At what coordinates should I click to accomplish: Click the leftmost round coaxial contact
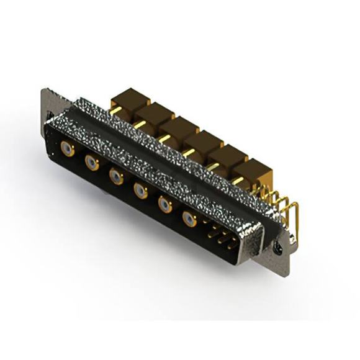67,148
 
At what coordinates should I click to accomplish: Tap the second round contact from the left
92,163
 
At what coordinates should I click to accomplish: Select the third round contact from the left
116,176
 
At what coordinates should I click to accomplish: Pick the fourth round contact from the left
141,191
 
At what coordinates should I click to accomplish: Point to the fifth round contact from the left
165,204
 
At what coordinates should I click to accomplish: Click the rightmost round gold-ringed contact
189,218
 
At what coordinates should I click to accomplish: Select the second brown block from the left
155,114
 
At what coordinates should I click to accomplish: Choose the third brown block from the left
179,128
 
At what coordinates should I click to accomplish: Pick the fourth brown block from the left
203,143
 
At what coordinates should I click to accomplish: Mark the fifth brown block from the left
227,158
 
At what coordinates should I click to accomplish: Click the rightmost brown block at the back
252,172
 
